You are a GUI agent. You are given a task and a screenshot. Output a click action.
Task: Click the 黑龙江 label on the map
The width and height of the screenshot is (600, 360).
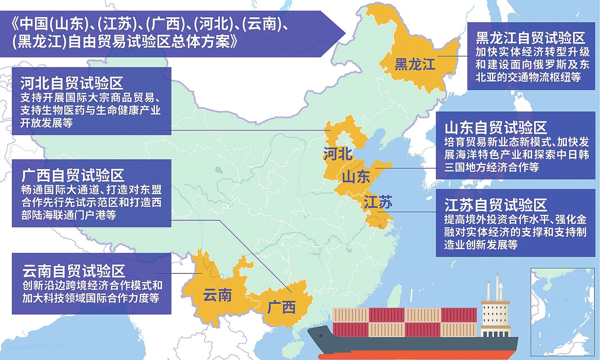(x=415, y=64)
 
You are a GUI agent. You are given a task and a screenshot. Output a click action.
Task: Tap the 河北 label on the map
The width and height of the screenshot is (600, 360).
(x=338, y=154)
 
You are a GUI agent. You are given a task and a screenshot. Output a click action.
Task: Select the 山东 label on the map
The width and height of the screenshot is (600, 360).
(x=356, y=177)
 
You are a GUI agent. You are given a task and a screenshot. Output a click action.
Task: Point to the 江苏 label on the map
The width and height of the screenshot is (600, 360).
(x=378, y=202)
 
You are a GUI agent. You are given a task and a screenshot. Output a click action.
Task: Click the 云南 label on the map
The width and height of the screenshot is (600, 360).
(x=218, y=296)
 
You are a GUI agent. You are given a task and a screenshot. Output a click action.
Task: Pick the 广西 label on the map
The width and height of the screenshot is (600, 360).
(x=281, y=307)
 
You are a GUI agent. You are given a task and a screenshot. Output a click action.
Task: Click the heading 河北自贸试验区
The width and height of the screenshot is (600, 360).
(x=72, y=83)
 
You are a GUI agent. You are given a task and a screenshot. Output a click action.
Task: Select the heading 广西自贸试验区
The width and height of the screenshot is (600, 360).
(x=73, y=176)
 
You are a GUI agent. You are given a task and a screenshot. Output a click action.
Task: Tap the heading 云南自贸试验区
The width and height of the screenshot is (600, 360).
(x=73, y=271)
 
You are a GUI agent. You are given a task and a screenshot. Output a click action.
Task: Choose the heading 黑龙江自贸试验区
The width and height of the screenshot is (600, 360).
(x=530, y=38)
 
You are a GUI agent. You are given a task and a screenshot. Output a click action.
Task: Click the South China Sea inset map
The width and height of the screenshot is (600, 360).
(x=562, y=312)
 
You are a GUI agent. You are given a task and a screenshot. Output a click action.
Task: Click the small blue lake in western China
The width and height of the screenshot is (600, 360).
(x=218, y=169)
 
